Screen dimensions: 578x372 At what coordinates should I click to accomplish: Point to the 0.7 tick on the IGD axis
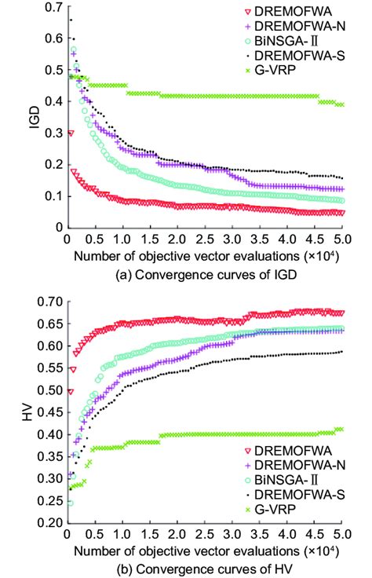[53, 7]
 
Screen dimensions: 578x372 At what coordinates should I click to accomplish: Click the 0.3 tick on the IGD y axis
[53, 133]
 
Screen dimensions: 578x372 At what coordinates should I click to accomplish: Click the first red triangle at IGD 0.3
[71, 133]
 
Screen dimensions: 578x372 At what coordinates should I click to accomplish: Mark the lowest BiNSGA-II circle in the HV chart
[70, 503]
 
